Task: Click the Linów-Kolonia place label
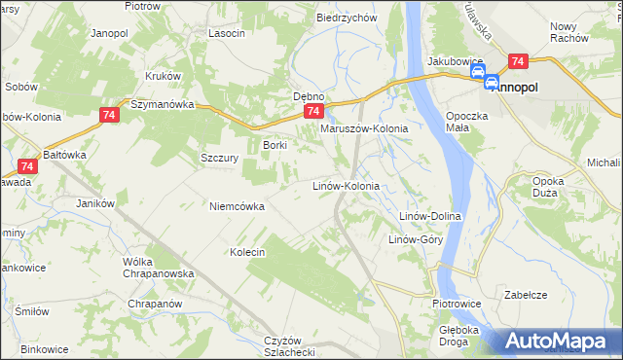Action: coord(344,185)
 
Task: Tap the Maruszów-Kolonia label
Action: coord(363,128)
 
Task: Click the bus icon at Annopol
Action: coord(492,85)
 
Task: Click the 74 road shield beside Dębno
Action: coord(328,113)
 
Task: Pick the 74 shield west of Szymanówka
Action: coord(109,116)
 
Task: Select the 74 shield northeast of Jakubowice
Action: coord(518,60)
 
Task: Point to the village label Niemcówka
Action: coord(237,205)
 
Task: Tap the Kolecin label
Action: coord(247,252)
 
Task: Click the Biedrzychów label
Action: coord(347,18)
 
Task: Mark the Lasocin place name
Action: coord(226,32)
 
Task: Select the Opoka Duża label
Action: coord(556,187)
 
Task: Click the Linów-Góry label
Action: coord(417,239)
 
